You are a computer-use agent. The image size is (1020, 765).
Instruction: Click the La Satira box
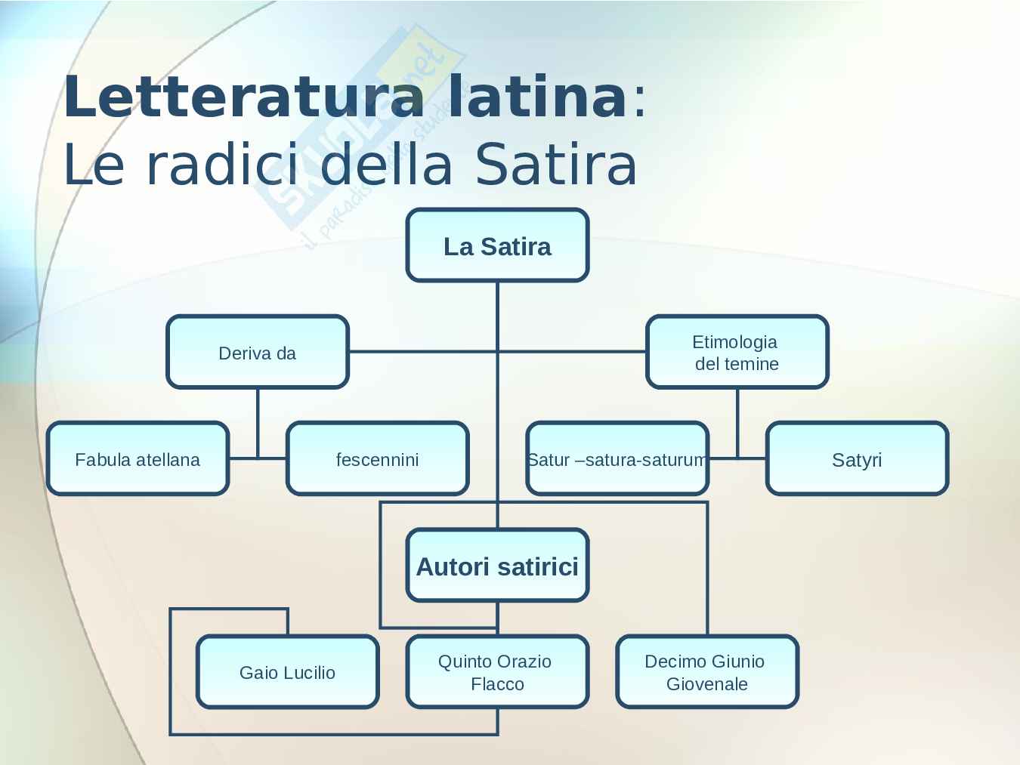497,245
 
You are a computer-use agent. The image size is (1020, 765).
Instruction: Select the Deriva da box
257,352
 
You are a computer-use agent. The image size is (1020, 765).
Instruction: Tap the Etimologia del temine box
737,352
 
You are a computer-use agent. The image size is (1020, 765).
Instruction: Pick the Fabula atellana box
138,458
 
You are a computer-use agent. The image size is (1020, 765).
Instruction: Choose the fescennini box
377,458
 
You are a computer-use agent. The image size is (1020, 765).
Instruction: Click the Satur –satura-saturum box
617,458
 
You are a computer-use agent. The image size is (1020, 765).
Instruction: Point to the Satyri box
857,458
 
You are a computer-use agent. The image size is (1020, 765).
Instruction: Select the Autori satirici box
497,566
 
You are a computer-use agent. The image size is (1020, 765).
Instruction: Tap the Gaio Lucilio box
287,672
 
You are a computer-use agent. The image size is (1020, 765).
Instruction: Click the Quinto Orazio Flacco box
497,672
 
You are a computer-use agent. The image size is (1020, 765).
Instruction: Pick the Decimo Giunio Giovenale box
706,672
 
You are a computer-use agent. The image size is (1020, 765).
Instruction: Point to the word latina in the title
537,97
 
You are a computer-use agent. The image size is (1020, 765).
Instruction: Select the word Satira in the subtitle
556,165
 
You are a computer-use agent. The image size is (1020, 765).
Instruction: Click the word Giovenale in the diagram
707,684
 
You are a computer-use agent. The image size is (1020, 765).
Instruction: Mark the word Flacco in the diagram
497,684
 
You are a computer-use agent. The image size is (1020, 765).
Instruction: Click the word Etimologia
734,342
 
